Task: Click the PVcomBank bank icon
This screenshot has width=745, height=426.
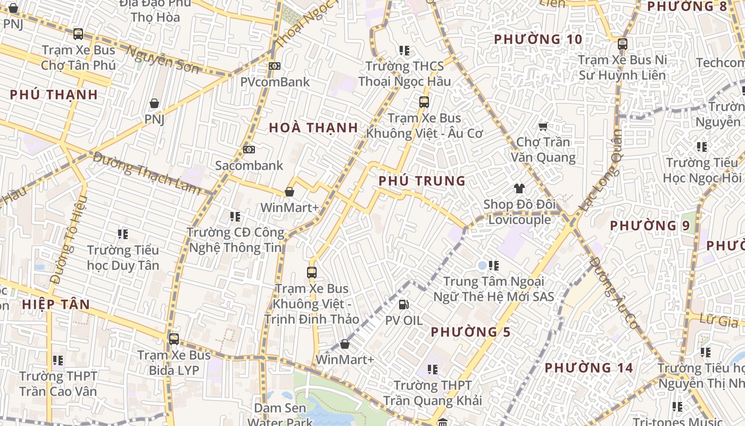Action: click(x=275, y=66)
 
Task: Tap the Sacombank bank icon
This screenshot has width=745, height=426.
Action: click(x=249, y=150)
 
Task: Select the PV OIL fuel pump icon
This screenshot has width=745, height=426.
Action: click(x=404, y=305)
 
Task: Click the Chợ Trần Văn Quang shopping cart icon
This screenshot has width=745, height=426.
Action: click(x=543, y=127)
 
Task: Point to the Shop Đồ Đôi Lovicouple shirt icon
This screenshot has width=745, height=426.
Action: click(x=519, y=189)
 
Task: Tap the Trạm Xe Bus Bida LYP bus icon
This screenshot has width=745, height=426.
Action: click(x=173, y=339)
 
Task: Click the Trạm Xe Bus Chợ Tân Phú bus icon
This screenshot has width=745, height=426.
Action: click(x=78, y=34)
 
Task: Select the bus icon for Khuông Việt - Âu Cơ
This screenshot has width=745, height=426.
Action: click(x=424, y=102)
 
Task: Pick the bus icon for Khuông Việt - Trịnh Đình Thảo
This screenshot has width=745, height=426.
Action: click(x=312, y=273)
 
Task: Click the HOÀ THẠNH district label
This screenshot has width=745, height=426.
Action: click(x=313, y=128)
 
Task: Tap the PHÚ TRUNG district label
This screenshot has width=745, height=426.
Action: click(x=422, y=181)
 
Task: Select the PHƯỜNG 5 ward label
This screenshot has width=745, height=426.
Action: click(x=470, y=332)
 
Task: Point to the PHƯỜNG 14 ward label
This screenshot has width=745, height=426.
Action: click(x=589, y=368)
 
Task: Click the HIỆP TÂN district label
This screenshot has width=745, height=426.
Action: click(x=56, y=305)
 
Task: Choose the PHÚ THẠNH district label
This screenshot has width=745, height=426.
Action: click(x=54, y=95)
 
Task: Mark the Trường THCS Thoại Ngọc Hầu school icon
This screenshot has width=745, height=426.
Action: click(x=404, y=51)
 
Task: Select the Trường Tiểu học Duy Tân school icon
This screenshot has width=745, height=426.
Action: click(x=123, y=234)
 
